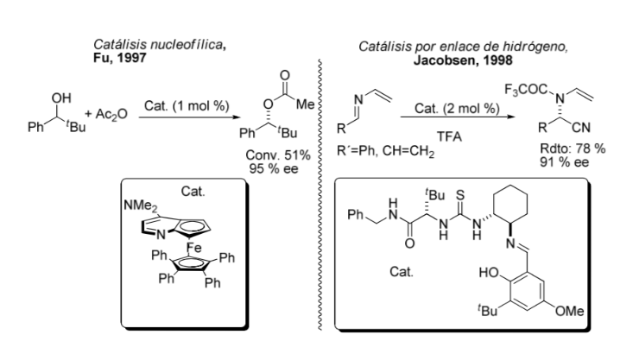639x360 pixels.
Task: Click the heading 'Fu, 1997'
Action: [119, 58]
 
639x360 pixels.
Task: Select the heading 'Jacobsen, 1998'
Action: [463, 60]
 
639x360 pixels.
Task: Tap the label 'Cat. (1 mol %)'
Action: [187, 106]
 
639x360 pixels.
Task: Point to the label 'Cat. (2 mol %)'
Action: [457, 108]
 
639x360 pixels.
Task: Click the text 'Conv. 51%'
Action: [278, 155]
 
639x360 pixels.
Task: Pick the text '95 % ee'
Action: [274, 168]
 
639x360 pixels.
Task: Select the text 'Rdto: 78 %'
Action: [573, 148]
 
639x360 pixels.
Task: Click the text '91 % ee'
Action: [565, 162]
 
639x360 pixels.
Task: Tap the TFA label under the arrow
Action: [450, 136]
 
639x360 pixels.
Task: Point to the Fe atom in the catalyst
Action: [194, 247]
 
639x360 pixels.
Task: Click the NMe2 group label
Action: [140, 206]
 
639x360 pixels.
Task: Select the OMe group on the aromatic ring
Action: [570, 311]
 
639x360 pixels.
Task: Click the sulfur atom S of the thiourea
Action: [460, 195]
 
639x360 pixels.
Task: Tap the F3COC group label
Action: [526, 90]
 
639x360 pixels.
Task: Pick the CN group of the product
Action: [581, 128]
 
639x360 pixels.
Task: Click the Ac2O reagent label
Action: [111, 115]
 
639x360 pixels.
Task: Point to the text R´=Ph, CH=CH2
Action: [385, 151]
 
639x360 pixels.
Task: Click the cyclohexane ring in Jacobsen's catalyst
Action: [510, 186]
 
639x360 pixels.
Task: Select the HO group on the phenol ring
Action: [489, 273]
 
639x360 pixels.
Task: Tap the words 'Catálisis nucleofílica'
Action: [158, 44]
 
